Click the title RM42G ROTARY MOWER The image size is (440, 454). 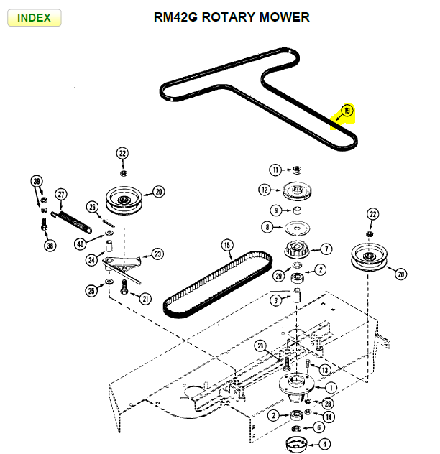click(x=232, y=17)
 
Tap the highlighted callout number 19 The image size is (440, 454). click(x=347, y=111)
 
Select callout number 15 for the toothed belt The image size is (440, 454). click(x=227, y=245)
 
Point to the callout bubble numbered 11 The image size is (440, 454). click(x=275, y=170)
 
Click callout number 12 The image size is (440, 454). click(x=265, y=190)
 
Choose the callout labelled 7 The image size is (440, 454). click(x=326, y=249)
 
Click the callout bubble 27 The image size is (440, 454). click(x=61, y=194)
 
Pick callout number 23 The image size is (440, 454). click(x=157, y=254)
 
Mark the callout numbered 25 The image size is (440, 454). click(x=91, y=290)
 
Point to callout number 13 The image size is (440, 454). click(x=325, y=369)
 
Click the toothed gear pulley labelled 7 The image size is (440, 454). click(x=296, y=251)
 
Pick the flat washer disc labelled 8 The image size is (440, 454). click(x=295, y=228)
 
